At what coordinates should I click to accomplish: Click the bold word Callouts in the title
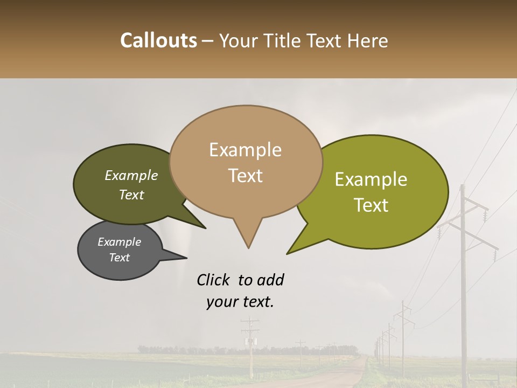tap(158, 40)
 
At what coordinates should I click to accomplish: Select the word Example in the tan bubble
tap(245, 150)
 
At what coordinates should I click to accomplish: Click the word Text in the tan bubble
tap(245, 176)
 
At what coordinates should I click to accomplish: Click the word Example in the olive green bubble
tap(371, 179)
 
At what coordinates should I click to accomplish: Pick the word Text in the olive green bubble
tap(371, 205)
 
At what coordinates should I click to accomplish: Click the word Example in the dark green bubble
tap(131, 175)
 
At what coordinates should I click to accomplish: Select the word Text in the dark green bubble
tap(131, 195)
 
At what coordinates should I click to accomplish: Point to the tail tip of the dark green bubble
tap(205, 228)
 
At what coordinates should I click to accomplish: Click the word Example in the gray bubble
tap(119, 242)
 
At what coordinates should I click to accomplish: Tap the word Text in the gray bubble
tap(119, 258)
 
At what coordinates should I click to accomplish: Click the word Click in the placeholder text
tap(215, 280)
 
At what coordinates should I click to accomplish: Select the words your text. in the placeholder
tap(240, 302)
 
